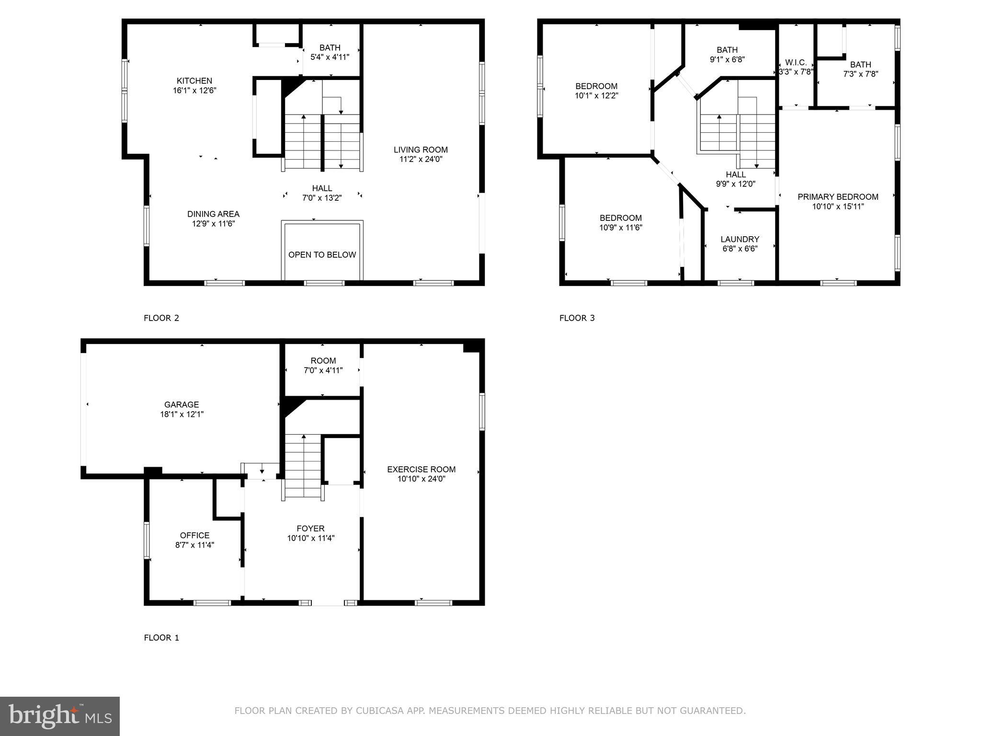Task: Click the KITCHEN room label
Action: [194, 81]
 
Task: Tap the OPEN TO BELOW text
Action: [322, 255]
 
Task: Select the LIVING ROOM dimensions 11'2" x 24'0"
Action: [421, 160]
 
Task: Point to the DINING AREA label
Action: [213, 214]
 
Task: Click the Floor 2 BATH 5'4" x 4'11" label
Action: [330, 52]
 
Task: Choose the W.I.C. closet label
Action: [796, 63]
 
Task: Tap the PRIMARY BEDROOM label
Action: [838, 197]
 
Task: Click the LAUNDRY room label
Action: [740, 239]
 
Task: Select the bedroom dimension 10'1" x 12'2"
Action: [596, 96]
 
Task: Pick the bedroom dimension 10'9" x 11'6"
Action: [620, 228]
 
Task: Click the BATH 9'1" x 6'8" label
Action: [727, 55]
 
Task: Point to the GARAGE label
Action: [182, 405]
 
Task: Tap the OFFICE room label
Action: [194, 535]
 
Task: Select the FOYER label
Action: [310, 529]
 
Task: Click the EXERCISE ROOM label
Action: [421, 470]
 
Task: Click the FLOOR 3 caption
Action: [577, 318]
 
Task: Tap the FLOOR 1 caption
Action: [161, 638]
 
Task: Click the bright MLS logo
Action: [60, 716]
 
